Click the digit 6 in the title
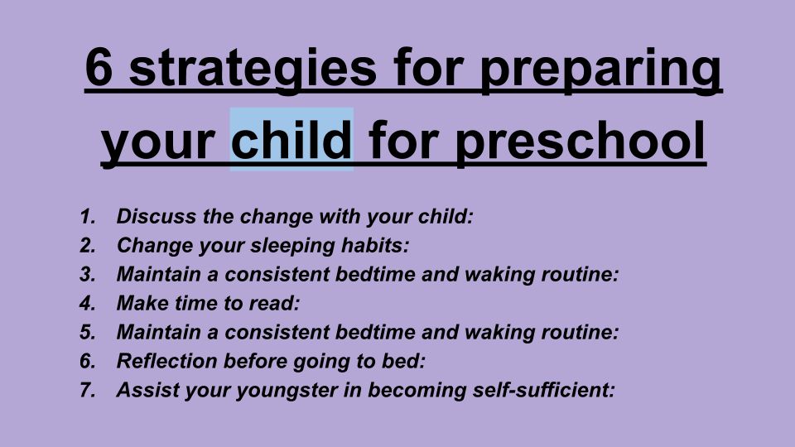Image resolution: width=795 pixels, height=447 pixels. point(99,67)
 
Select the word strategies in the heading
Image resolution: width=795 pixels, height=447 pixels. point(253,71)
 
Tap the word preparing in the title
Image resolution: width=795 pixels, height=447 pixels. point(601,71)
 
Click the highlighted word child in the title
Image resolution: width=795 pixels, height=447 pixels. point(291,138)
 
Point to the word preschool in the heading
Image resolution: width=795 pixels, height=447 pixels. point(580,142)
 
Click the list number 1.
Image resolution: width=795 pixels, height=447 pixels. point(88,216)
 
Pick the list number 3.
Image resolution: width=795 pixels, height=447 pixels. point(88,274)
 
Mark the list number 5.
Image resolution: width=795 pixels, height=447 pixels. point(88,332)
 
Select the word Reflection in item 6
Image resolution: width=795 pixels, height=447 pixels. point(167,361)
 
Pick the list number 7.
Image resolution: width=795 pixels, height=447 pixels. point(88,390)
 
